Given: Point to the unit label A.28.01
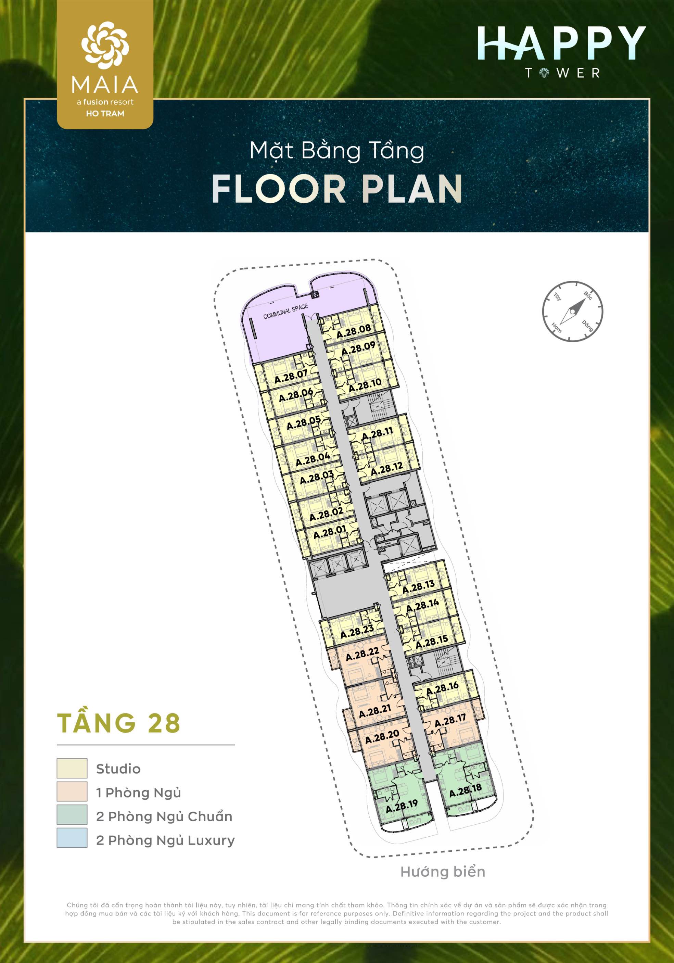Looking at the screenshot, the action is (x=330, y=532).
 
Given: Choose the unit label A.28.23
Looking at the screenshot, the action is (x=357, y=632).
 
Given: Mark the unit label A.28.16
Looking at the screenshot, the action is (x=442, y=689).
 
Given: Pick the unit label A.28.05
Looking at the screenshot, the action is (x=304, y=423).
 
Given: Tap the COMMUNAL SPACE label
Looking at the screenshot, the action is (x=285, y=311).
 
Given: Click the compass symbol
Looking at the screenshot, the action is (x=572, y=311).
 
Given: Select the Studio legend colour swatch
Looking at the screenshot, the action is (x=72, y=769).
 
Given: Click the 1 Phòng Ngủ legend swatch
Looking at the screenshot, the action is (x=72, y=792).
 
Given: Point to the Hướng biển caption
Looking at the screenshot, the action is (x=443, y=872).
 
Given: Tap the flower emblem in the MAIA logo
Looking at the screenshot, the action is (x=105, y=45).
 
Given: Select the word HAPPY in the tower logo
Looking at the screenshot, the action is (x=561, y=43).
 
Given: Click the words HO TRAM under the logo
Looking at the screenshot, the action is (x=105, y=113).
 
